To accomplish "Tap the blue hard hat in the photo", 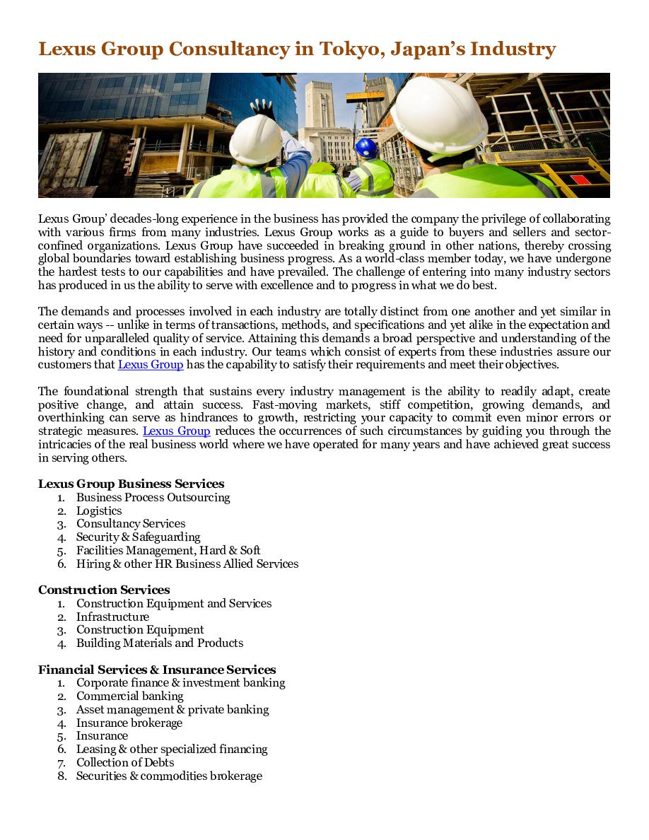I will tap(366, 148).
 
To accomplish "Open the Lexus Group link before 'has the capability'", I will tap(151, 365).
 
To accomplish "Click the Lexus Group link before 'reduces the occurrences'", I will tap(176, 431).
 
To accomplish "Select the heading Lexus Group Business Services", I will tap(131, 484).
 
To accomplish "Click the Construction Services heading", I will tap(104, 590).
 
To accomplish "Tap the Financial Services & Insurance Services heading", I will tap(157, 670).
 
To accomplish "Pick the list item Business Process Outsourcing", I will tap(153, 498).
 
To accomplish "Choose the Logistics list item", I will tap(99, 511).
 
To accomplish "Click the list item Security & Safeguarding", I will tap(138, 537).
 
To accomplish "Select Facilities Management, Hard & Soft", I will tap(168, 550).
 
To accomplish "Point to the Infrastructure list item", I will tap(112, 617).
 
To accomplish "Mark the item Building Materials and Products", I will tap(159, 643).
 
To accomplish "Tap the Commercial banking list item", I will tap(129, 696).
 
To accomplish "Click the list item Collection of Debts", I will tap(125, 762).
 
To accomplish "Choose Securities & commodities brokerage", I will tap(169, 776).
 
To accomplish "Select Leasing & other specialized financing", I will tap(172, 749).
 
